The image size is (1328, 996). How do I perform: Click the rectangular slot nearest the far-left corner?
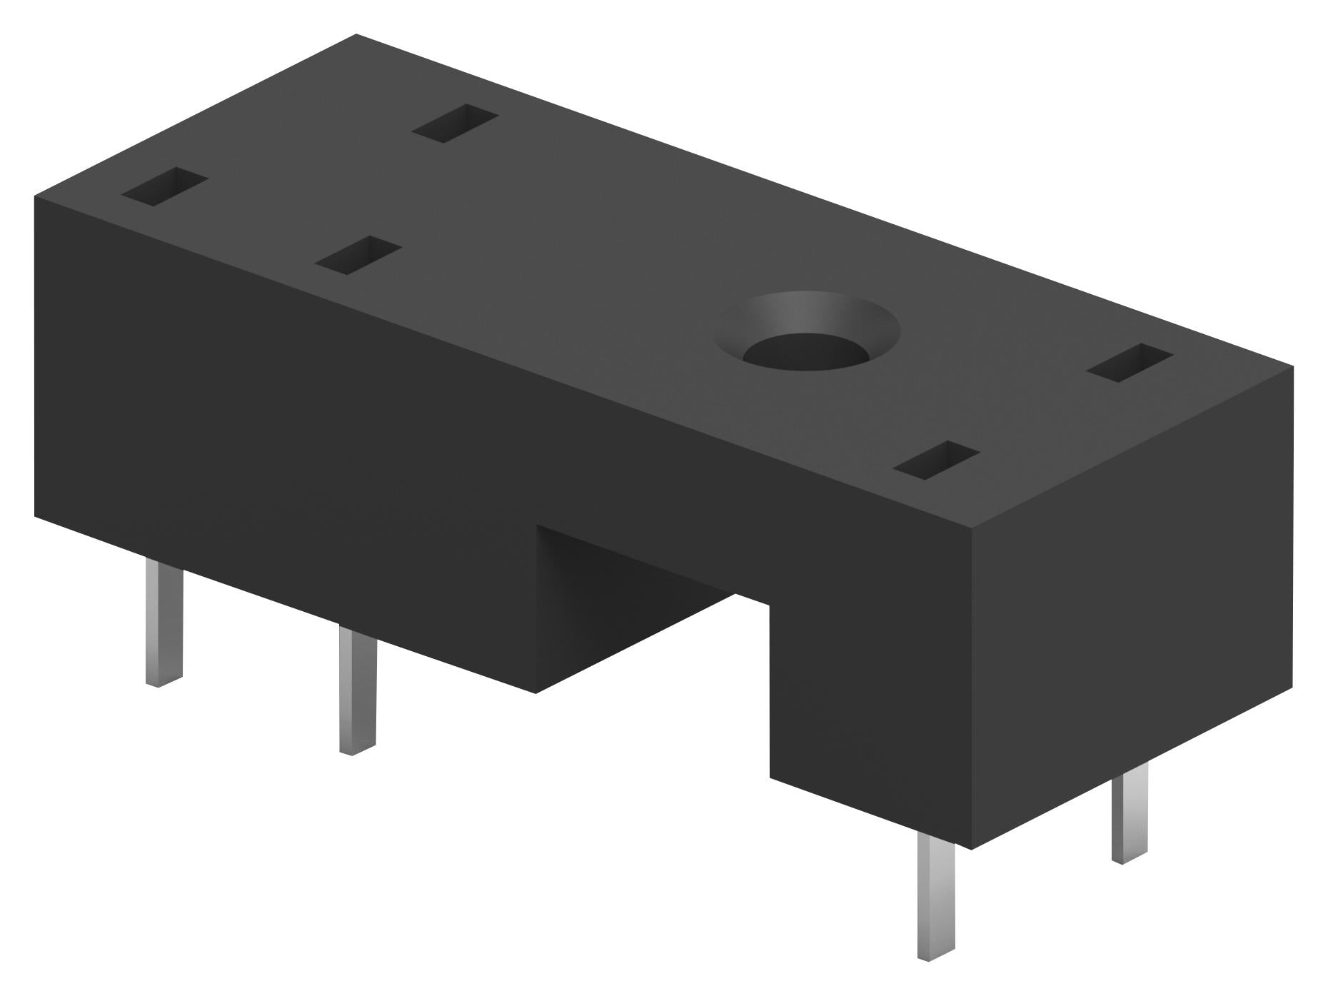pyautogui.click(x=164, y=187)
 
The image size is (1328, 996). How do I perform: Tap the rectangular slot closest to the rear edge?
pyautogui.click(x=455, y=123)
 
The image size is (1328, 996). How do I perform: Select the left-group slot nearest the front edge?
pyautogui.click(x=358, y=255)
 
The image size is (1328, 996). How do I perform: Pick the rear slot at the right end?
pyautogui.click(x=1130, y=362)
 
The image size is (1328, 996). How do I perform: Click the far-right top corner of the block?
pyautogui.click(x=1292, y=367)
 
